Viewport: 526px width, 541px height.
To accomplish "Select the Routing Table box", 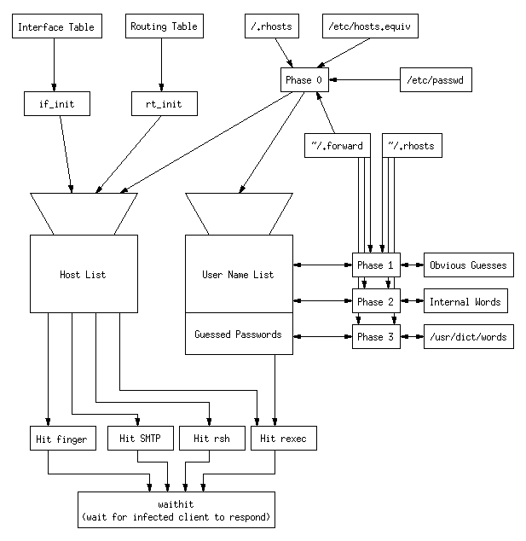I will (164, 27).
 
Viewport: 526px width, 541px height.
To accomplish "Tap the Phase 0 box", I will (304, 80).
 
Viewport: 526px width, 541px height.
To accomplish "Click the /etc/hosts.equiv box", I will (369, 27).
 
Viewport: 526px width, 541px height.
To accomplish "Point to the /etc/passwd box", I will (436, 80).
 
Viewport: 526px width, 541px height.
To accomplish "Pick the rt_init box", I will (164, 105).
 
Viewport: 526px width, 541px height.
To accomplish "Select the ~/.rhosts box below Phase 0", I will (411, 146).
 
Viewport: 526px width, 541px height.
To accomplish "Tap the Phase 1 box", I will (376, 265).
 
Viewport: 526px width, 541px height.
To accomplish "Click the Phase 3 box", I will (376, 337).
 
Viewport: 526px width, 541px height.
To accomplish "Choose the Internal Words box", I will (465, 302).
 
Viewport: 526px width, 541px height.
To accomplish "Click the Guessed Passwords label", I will (238, 334).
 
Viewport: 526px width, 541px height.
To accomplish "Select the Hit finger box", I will (59, 439).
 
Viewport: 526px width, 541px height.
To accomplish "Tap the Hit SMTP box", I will (141, 439).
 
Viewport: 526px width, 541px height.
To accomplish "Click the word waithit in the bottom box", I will (176, 503).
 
